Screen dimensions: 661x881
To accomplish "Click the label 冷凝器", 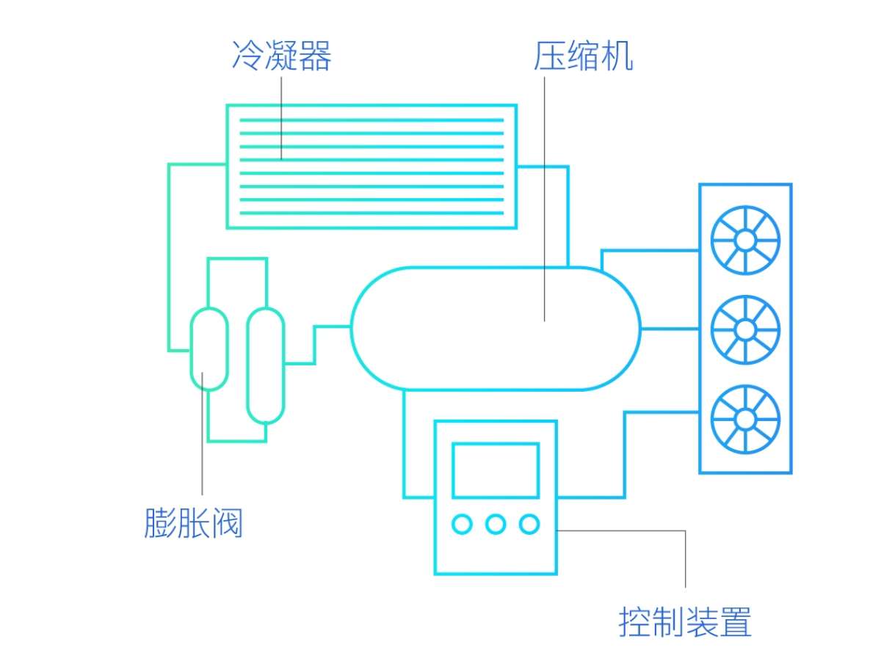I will pos(282,56).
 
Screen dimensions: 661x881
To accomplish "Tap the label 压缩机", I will pos(583,56).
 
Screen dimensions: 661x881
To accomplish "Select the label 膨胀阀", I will pos(193,524).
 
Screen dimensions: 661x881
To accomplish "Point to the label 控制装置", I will pos(685,622).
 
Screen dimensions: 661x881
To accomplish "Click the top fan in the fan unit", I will pos(745,240).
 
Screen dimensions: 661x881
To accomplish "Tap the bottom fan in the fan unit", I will pos(745,419).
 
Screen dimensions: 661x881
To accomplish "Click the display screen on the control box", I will pos(496,470).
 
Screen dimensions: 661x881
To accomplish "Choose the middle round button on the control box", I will pos(496,524).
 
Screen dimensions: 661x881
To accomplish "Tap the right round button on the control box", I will pos(529,524).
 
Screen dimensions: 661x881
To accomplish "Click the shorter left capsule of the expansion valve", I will pos(209,348).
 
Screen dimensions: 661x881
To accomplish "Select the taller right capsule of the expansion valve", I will pos(265,365).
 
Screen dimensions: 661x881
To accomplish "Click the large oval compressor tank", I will pos(470,345).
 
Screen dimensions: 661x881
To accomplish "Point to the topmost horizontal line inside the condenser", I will pos(371,120).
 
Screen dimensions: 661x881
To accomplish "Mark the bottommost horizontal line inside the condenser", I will pos(371,213).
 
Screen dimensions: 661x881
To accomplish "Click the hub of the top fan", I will pos(745,240).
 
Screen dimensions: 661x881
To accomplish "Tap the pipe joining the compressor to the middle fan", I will pos(670,328).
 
